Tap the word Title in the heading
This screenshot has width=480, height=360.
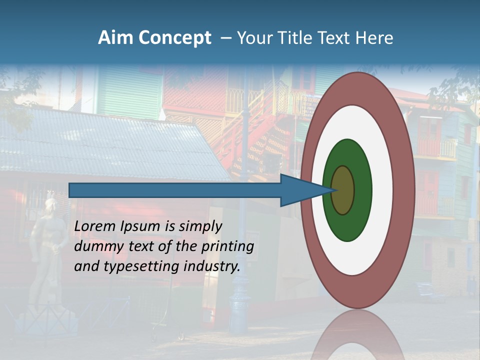[x=296, y=38]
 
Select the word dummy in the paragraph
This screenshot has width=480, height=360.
[x=95, y=246]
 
